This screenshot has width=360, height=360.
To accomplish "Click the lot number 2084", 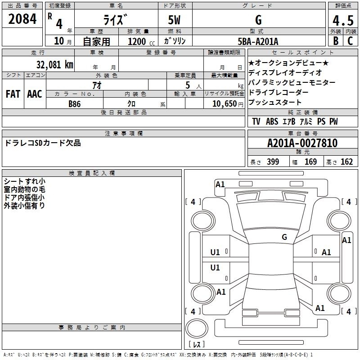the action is (22, 19).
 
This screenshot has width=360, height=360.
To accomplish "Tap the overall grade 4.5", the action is (343, 20).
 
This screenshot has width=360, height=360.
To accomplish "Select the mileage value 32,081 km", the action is (55, 65).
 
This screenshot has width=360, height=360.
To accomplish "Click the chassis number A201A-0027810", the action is (302, 143).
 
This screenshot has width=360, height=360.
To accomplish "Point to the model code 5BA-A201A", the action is (258, 41).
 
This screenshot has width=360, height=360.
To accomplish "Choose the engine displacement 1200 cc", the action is (141, 41).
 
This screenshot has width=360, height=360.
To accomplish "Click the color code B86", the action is (75, 104).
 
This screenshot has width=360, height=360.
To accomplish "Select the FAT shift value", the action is (13, 94).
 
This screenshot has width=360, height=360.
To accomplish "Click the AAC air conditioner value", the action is (35, 94).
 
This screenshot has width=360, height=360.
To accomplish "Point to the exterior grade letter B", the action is (336, 41).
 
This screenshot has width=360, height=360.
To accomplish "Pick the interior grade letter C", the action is (350, 41).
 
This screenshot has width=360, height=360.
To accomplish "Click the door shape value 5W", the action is (174, 20).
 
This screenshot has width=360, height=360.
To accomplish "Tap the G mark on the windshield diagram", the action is (284, 237).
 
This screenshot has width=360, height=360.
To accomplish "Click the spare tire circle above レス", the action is (197, 328).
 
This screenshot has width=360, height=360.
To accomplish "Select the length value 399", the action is (273, 162).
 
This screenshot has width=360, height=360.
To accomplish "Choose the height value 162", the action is (346, 162).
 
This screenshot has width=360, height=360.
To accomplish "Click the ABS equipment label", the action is (272, 121).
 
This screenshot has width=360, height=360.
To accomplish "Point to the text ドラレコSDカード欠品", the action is (43, 143).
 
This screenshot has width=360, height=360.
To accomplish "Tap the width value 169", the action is (310, 162).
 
